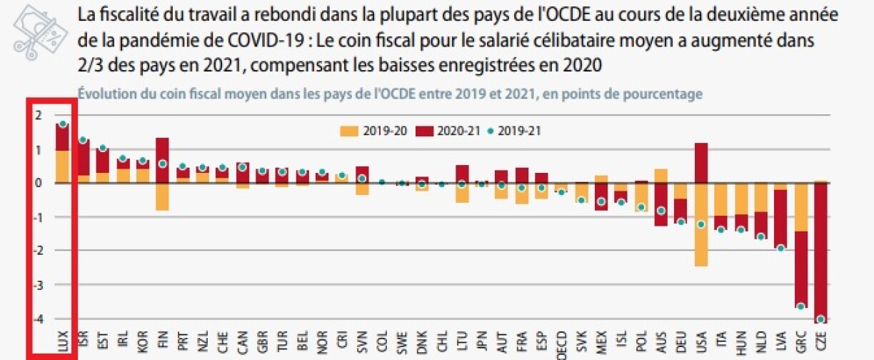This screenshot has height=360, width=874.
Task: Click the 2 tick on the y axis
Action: [x=39, y=116]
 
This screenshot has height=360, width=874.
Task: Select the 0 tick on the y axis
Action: [x=39, y=184]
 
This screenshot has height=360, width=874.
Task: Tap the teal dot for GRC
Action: [x=800, y=306]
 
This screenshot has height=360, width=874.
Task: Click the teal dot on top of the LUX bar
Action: [x=63, y=124]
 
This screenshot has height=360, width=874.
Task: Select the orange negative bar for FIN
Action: [x=162, y=196]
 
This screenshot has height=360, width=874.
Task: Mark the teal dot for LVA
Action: [x=781, y=249]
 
